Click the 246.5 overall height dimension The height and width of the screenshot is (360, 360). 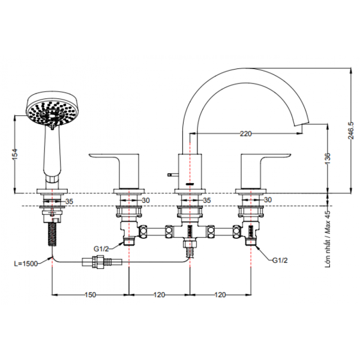click(x=351, y=130)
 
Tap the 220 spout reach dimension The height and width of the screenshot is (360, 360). click(x=245, y=133)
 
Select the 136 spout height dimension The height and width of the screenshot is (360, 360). click(x=328, y=158)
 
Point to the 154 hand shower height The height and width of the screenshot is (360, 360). click(x=14, y=155)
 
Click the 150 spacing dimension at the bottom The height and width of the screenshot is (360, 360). click(x=90, y=295)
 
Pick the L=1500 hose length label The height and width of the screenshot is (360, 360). click(x=26, y=263)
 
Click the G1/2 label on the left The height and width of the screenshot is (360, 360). click(x=101, y=248)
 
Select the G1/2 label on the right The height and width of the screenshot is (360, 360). click(x=280, y=260)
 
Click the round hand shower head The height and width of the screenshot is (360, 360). click(x=52, y=109)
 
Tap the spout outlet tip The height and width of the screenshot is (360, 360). click(x=302, y=124)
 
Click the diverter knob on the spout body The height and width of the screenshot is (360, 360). click(x=173, y=175)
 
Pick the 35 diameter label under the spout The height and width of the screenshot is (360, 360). click(x=207, y=200)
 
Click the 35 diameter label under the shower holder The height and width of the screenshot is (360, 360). click(x=69, y=202)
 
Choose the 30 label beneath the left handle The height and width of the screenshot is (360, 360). click(x=146, y=200)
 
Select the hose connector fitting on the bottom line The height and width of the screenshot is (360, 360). click(x=102, y=262)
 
